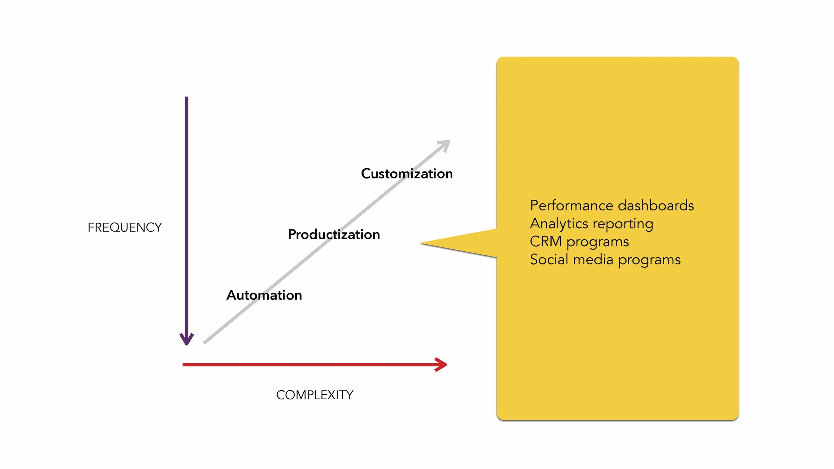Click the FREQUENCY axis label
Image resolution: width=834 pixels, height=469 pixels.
pyautogui.click(x=124, y=227)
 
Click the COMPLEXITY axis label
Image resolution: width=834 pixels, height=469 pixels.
pyautogui.click(x=315, y=395)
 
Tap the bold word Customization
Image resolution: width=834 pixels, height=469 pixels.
pyautogui.click(x=407, y=174)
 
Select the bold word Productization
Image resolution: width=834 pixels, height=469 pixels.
pyautogui.click(x=334, y=234)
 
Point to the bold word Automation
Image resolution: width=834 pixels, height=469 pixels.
pyautogui.click(x=264, y=295)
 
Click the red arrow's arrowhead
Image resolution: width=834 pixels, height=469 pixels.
pyautogui.click(x=442, y=365)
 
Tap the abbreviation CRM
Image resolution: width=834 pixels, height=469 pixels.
pyautogui.click(x=545, y=242)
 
